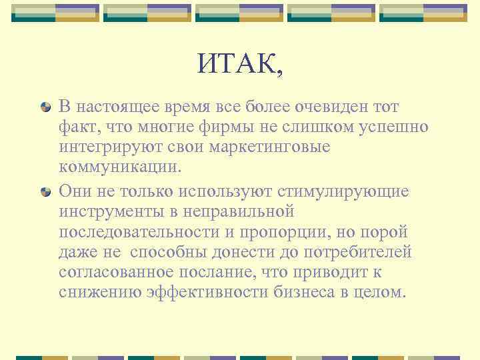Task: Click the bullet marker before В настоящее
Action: (x=45, y=107)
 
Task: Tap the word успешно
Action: (x=389, y=127)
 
